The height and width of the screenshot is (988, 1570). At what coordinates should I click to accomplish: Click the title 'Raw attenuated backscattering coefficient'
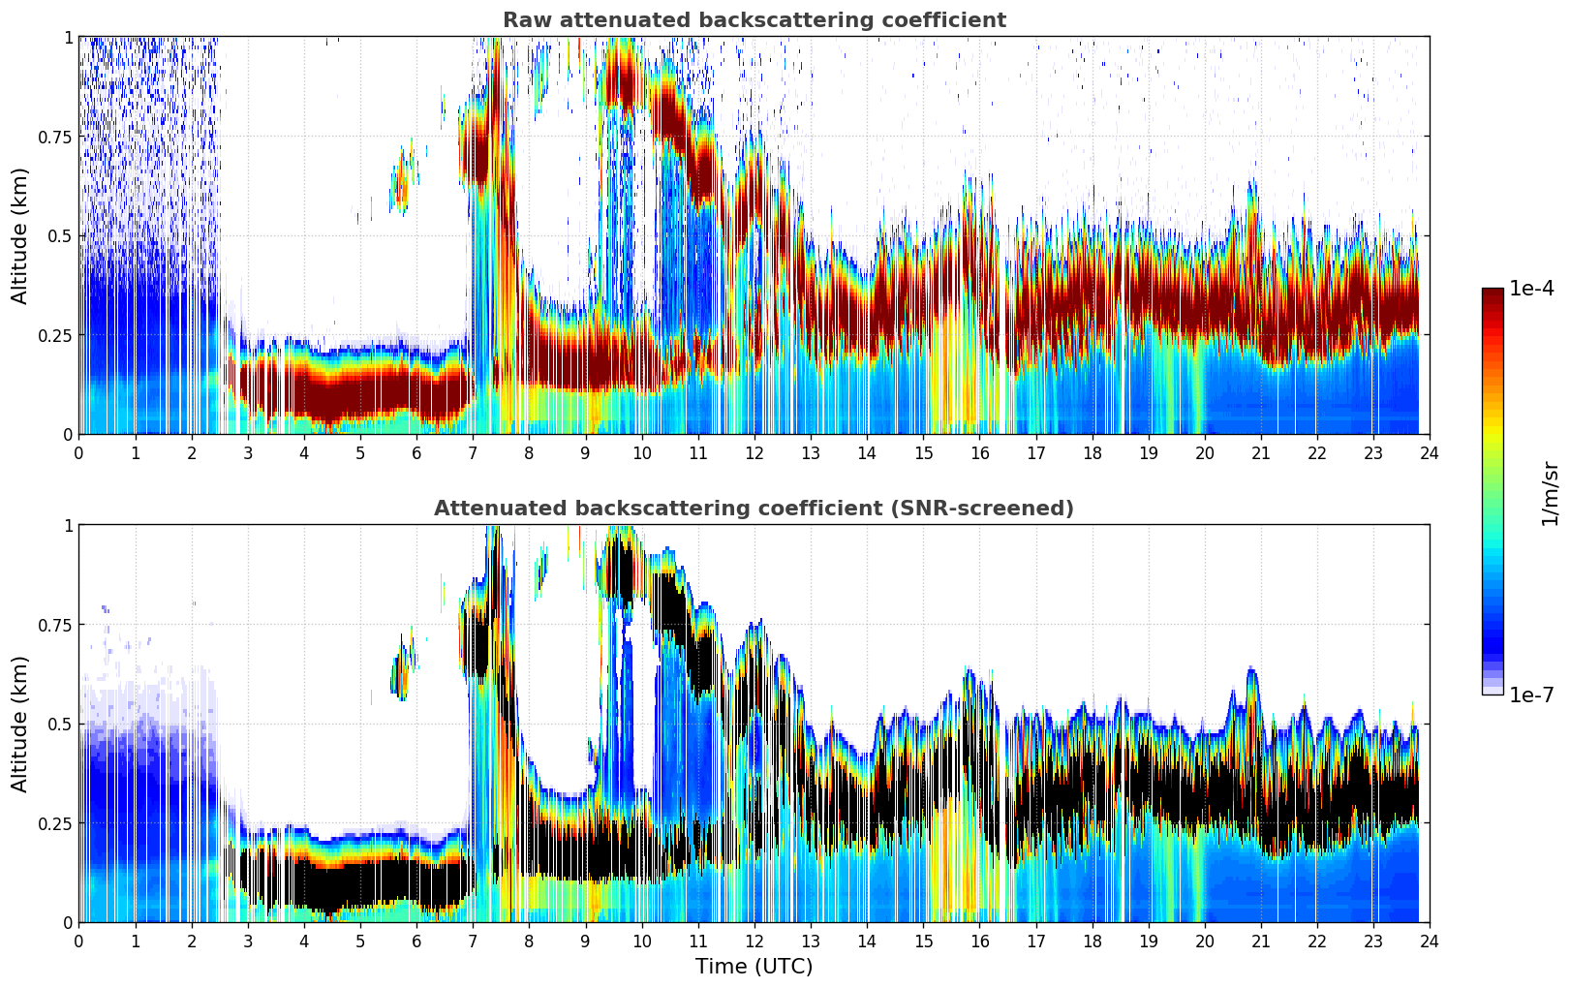click(754, 20)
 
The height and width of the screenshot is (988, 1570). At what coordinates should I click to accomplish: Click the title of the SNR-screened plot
click(754, 509)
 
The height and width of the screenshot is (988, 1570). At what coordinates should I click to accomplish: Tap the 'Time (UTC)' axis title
click(754, 967)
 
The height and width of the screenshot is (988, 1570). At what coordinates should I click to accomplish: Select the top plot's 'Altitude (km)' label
click(20, 235)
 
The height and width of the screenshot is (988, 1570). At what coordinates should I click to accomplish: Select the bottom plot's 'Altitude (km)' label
click(20, 724)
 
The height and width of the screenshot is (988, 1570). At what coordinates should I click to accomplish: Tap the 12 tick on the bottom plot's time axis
click(754, 941)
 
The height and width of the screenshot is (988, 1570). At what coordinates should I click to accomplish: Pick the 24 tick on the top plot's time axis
click(1430, 452)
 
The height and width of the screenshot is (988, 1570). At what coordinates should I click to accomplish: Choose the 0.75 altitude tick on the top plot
click(54, 137)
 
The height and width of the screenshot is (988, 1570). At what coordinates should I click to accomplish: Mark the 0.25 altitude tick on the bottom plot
click(54, 823)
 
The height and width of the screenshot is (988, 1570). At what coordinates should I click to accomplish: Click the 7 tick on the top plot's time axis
click(473, 452)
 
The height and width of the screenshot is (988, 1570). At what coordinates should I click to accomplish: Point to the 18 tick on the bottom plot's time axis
click(1092, 941)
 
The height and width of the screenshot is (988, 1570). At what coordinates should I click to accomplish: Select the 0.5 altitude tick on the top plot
click(60, 235)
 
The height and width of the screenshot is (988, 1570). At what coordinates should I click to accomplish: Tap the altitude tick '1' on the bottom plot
click(68, 525)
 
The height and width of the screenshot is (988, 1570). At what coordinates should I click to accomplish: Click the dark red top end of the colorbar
click(1493, 293)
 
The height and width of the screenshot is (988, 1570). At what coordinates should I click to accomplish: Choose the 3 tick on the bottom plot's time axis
click(248, 941)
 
